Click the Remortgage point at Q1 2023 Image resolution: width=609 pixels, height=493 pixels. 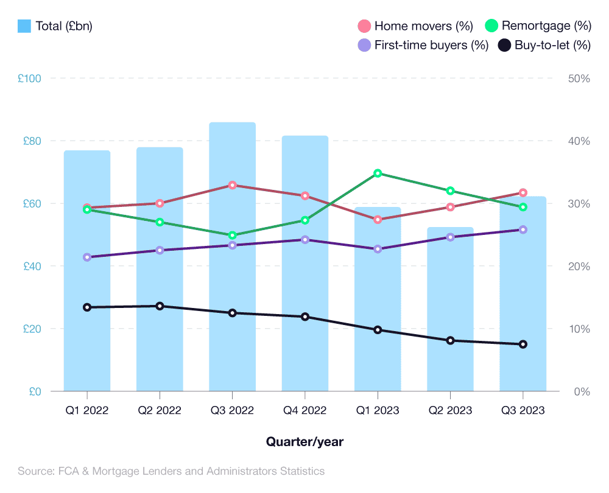[378, 173]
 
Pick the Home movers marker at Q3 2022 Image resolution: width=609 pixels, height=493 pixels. [232, 185]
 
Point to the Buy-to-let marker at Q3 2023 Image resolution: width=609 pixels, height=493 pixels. [523, 344]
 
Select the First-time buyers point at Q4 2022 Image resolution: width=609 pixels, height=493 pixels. [305, 240]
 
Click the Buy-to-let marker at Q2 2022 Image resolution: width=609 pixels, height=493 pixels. [160, 306]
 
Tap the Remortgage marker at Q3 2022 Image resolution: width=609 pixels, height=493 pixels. [232, 235]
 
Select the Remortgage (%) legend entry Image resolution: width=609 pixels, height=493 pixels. [538, 26]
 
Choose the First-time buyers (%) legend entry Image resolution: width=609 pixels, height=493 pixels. [423, 45]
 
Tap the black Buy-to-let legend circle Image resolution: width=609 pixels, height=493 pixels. [505, 45]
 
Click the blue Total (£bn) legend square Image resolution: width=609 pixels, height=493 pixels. [24, 26]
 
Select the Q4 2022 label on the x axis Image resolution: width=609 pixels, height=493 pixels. [305, 410]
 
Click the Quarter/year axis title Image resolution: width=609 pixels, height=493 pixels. [304, 442]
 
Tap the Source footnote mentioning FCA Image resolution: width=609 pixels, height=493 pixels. [171, 471]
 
